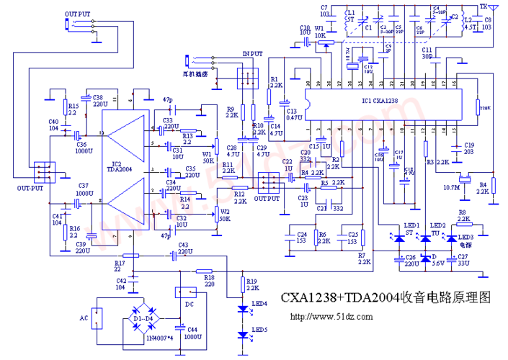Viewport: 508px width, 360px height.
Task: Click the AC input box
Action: [96, 318]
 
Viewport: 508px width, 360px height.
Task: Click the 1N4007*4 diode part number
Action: [159, 337]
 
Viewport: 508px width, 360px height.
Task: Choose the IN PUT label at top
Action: [252, 54]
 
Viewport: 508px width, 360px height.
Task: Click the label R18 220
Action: [209, 280]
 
